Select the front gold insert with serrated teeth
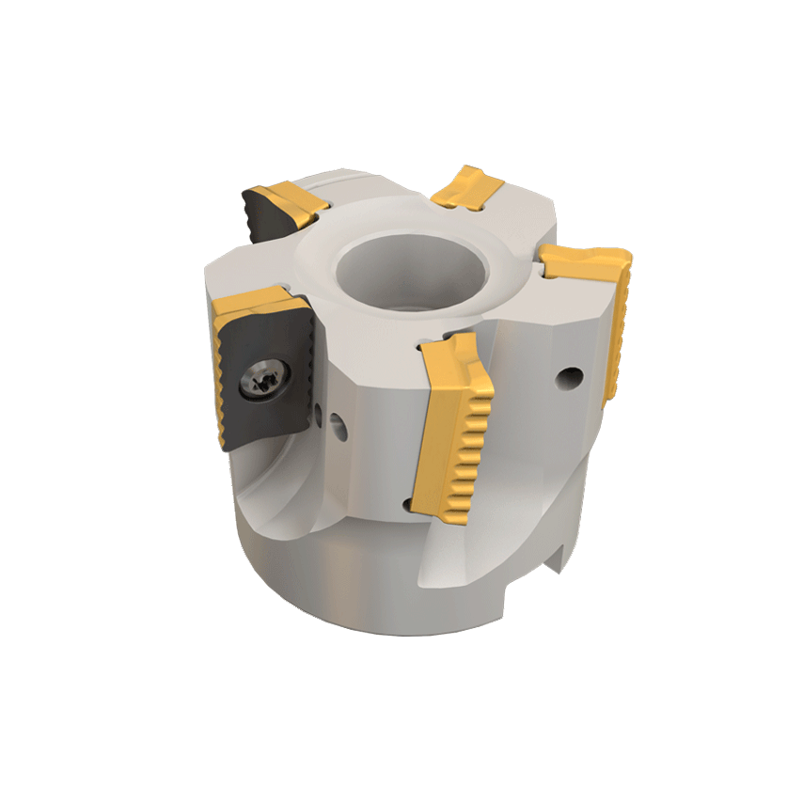(x=457, y=423)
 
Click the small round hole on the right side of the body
(x=566, y=379)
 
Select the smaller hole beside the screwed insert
(x=320, y=411)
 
